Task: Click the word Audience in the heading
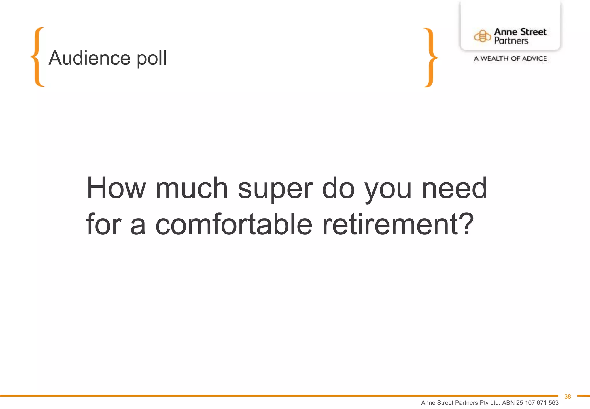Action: [x=89, y=58]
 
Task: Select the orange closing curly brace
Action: [x=430, y=57]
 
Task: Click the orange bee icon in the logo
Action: [x=482, y=36]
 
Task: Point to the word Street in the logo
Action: [x=533, y=32]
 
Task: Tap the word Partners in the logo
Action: [x=511, y=41]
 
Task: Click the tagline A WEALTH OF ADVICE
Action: [x=510, y=59]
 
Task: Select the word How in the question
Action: [x=116, y=188]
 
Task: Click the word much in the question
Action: [x=192, y=188]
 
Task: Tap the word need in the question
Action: [x=454, y=188]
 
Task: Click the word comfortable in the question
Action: [x=234, y=224]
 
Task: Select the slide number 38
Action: [x=568, y=397]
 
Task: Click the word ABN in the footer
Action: [x=508, y=403]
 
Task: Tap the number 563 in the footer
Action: [x=553, y=403]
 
